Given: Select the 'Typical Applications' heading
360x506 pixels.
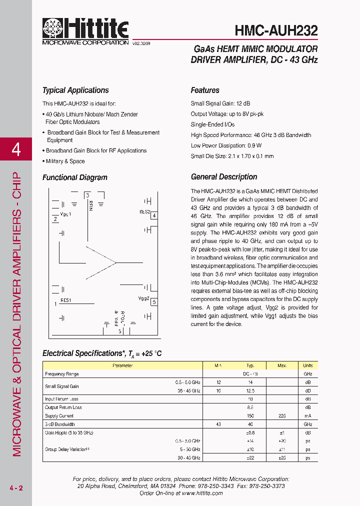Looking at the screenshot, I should tap(75, 90).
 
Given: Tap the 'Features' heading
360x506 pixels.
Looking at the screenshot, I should tap(205, 90).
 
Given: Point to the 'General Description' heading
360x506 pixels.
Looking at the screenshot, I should tap(224, 177).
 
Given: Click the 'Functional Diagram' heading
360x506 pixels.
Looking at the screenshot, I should tap(75, 177).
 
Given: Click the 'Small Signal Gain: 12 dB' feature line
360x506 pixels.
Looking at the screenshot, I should tap(220, 103).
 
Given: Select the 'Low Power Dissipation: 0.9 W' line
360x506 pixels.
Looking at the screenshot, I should tap(226, 145).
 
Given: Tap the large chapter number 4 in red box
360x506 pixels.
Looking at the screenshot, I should tap(16, 149).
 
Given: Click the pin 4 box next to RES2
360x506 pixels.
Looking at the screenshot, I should tap(154, 215).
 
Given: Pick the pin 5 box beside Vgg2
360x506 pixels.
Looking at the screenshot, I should tap(154, 301).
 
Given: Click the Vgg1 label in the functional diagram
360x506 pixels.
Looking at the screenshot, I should tap(65, 214).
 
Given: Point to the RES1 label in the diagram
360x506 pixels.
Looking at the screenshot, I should tap(66, 300).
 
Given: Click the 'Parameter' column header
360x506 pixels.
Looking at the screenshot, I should tap(122, 365).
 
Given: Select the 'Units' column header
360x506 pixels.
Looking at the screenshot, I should tap(307, 365).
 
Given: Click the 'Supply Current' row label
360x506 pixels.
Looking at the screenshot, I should tap(59, 416).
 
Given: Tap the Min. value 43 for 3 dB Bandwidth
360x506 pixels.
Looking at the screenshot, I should tap(218, 424).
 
